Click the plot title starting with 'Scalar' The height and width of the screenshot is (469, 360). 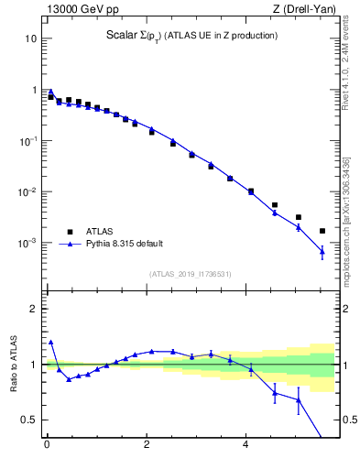(x=191, y=36)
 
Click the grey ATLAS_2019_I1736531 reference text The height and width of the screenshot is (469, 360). (x=190, y=274)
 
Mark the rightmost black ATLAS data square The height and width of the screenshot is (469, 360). (x=322, y=231)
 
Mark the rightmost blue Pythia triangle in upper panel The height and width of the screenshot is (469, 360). (x=322, y=251)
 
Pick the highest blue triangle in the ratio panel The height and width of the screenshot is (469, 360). (x=50, y=342)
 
